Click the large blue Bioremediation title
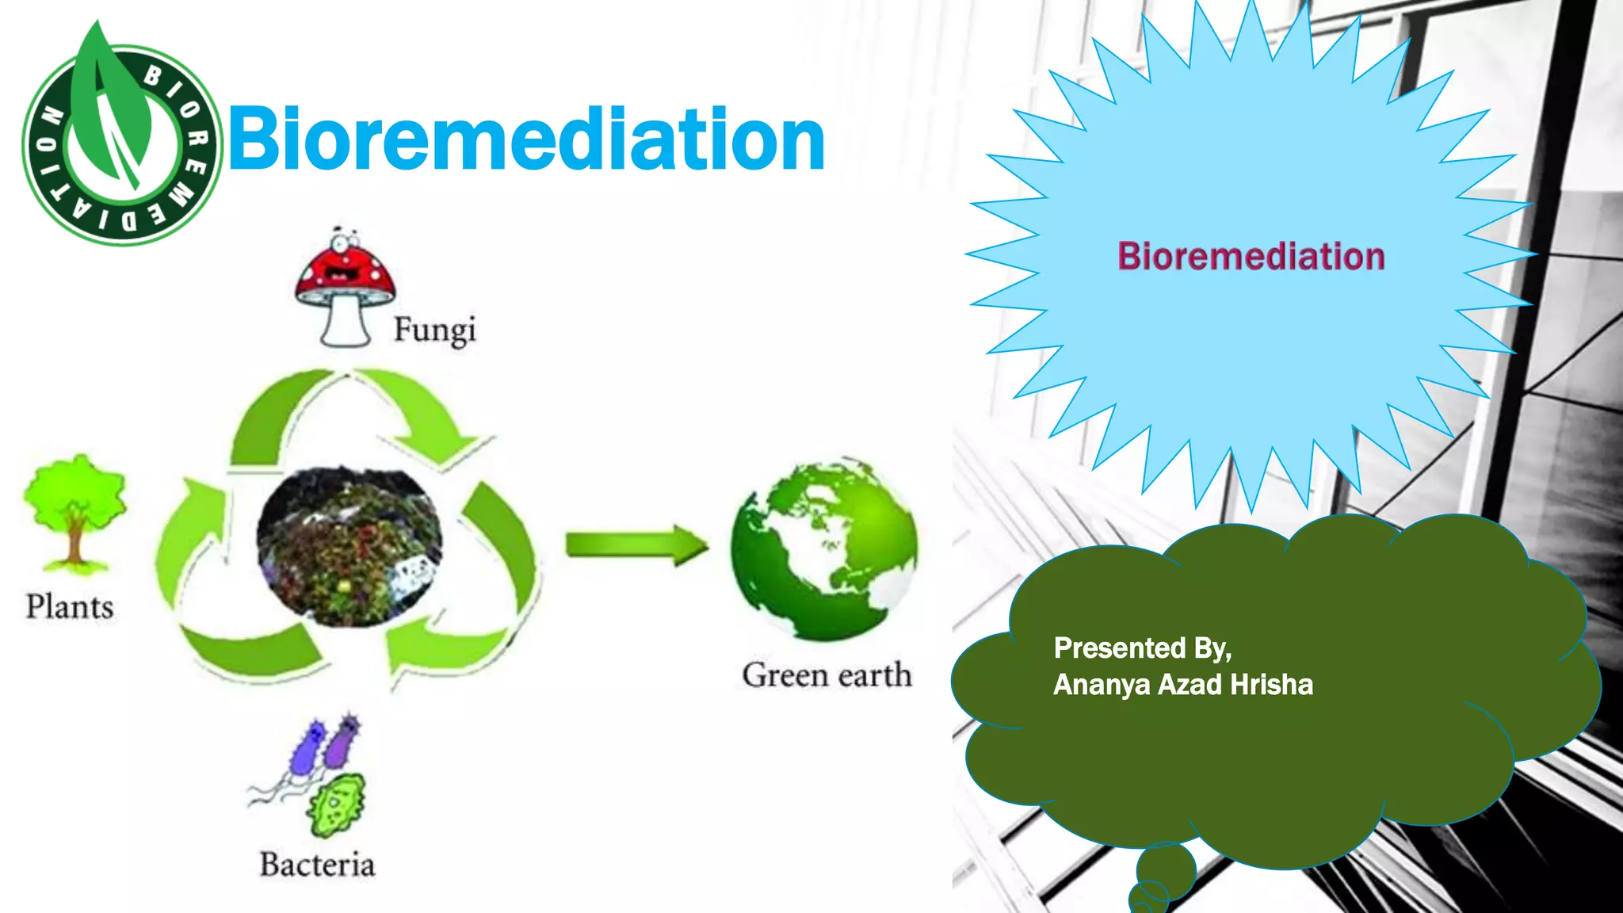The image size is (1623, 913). (527, 140)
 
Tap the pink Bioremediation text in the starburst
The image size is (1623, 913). (1251, 257)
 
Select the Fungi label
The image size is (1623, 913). (434, 330)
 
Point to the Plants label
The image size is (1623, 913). (70, 607)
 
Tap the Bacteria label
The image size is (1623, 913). (317, 865)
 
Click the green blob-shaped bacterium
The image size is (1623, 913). (337, 805)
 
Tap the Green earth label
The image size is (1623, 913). (827, 675)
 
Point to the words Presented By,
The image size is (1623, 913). (1142, 648)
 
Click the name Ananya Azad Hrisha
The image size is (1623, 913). (1182, 685)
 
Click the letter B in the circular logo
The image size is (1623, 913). (152, 77)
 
